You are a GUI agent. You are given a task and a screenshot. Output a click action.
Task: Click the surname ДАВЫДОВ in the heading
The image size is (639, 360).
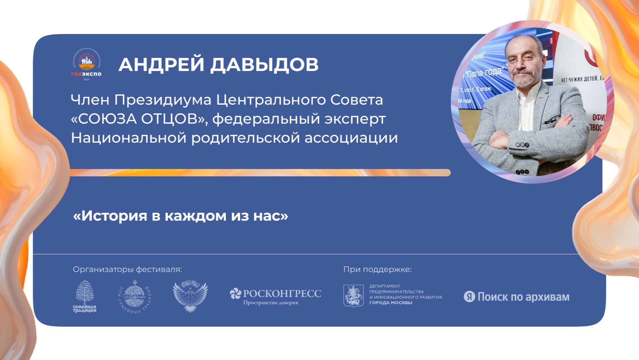tap(264, 64)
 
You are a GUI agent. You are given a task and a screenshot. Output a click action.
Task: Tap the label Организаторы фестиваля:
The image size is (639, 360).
tap(127, 269)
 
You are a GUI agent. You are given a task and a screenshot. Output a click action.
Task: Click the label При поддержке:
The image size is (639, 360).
tap(377, 269)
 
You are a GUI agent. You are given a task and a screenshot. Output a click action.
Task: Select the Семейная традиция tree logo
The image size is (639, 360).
tap(85, 296)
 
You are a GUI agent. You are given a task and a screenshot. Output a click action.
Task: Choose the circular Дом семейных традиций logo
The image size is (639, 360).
tap(135, 296)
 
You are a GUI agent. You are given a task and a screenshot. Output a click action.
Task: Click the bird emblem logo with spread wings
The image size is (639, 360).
tap(190, 296)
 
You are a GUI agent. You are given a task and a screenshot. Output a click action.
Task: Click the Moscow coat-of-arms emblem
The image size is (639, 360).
tap(353, 296)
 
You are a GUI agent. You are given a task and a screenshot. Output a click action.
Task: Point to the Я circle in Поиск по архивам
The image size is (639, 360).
tap(469, 297)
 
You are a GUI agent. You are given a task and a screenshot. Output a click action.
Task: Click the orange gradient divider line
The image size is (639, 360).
tap(260, 173)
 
